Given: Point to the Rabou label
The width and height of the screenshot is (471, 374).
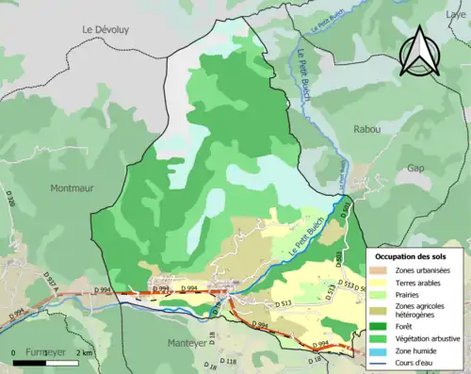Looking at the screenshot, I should pos(366,130).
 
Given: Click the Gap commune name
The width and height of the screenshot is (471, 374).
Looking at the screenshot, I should pos(414,167).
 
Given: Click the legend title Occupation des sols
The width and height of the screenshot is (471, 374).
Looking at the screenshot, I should pos(413,257).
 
